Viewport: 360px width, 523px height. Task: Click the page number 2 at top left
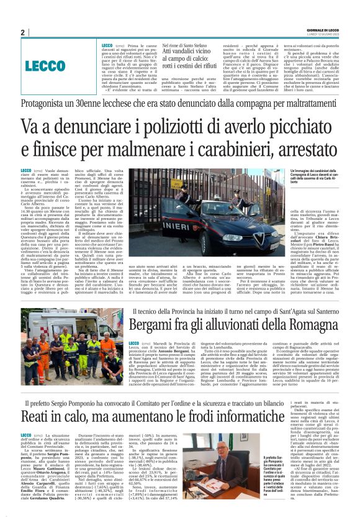[23, 32]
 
